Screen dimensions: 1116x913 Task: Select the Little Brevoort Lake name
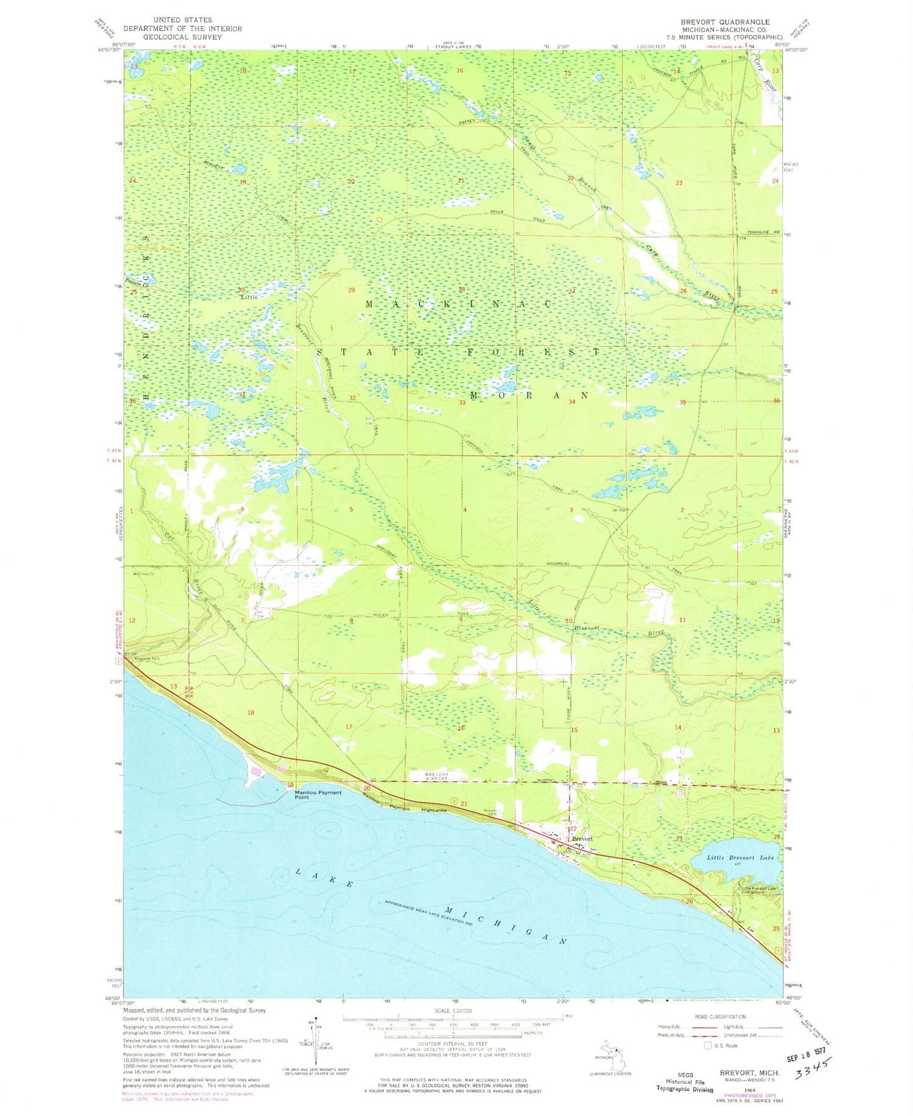740,857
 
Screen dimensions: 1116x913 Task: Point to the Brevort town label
582,839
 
